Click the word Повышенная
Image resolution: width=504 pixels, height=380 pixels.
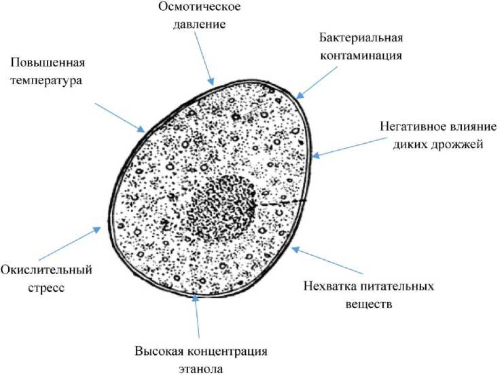pos(47,64)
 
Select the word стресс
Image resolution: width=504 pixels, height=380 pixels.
pos(46,288)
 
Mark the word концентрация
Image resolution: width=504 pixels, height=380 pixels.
pos(224,352)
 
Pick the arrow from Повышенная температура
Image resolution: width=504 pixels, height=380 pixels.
pos(120,116)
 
